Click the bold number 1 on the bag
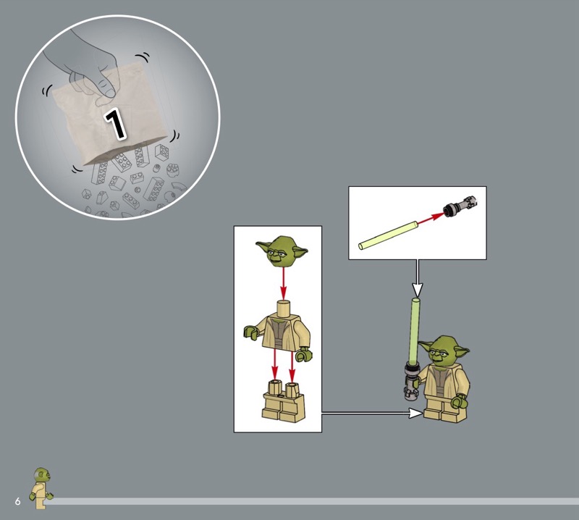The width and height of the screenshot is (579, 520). point(115,124)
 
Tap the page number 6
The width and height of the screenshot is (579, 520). point(17,501)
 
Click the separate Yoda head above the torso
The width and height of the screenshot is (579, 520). point(282,251)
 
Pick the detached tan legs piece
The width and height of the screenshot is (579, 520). point(283,402)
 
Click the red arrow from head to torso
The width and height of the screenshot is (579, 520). point(283,283)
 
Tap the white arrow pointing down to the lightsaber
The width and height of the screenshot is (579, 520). point(418,278)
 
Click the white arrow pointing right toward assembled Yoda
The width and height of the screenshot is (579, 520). point(372,414)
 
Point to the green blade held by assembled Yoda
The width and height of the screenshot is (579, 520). point(414,330)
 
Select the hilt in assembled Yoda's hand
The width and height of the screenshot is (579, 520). point(410,382)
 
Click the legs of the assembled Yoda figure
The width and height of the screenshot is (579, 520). point(444,408)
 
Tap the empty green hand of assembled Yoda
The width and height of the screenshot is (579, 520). point(460,402)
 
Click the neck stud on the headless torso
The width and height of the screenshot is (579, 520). point(284,308)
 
